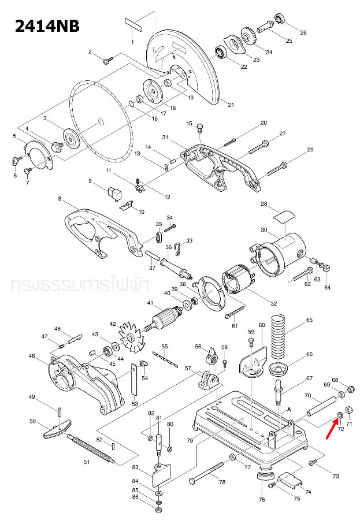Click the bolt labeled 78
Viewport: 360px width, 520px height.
(x=208, y=473)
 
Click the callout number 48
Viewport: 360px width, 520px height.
(x=32, y=356)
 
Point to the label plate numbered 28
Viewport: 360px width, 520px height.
(x=283, y=217)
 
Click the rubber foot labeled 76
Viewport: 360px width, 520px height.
(x=265, y=477)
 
